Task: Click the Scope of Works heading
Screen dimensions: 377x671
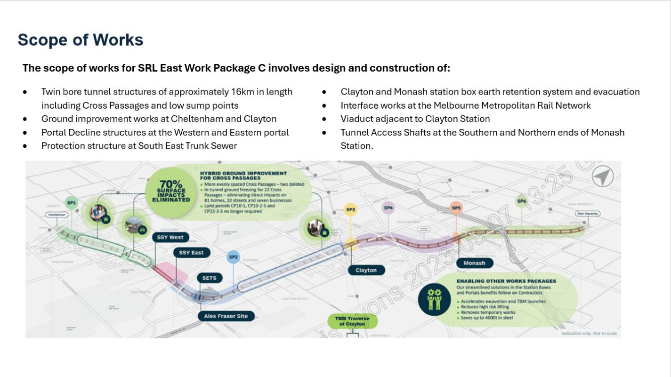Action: [x=81, y=40]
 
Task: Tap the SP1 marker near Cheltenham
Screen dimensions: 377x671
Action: [x=72, y=202]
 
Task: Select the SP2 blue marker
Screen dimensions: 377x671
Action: [x=234, y=257]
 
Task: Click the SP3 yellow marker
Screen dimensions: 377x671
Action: [x=350, y=209]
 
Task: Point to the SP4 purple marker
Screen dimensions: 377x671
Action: [x=388, y=208]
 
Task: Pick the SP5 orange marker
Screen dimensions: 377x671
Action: [x=456, y=208]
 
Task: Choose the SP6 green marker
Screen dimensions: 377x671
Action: [x=521, y=201]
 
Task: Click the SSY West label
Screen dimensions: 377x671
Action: [x=171, y=237]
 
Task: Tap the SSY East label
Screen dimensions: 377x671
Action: [x=191, y=253]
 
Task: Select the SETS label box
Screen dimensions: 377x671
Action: [x=209, y=278]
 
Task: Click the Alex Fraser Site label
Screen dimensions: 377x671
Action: [x=226, y=316]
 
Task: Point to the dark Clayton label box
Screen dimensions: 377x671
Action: [x=366, y=270]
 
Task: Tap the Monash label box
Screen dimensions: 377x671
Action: [x=474, y=263]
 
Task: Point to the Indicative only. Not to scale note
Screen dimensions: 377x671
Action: [x=590, y=333]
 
